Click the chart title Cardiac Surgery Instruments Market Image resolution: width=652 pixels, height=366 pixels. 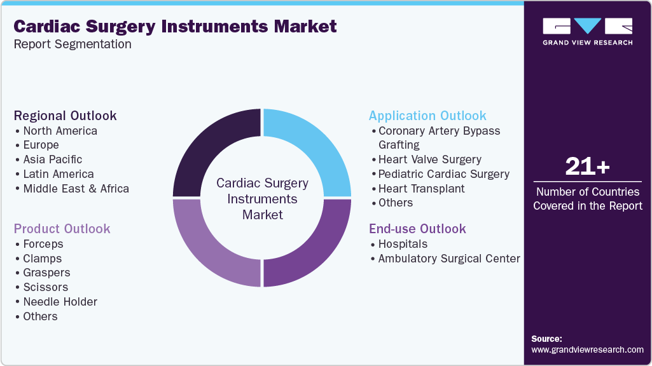tap(175, 27)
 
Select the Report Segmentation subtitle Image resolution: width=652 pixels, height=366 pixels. tap(73, 44)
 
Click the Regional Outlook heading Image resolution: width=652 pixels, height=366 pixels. tap(66, 116)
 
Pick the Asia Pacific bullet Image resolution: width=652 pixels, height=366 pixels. tap(52, 159)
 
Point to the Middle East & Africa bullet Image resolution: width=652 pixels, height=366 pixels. tap(76, 189)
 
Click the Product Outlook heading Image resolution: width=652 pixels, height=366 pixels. tap(62, 229)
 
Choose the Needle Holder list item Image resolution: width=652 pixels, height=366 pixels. tap(60, 302)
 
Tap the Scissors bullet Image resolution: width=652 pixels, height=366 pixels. tap(45, 287)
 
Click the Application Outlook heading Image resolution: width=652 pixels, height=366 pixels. tap(427, 116)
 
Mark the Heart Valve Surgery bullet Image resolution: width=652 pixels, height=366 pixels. tap(429, 159)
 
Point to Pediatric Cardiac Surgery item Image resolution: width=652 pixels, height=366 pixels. tap(443, 174)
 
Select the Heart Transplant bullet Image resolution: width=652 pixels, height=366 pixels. tap(421, 189)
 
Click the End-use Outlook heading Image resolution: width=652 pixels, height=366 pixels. tap(417, 229)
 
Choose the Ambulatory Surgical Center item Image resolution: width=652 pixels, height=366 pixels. tap(449, 259)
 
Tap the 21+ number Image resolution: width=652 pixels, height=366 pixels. tap(587, 166)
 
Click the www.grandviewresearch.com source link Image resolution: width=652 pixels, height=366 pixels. tap(587, 349)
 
